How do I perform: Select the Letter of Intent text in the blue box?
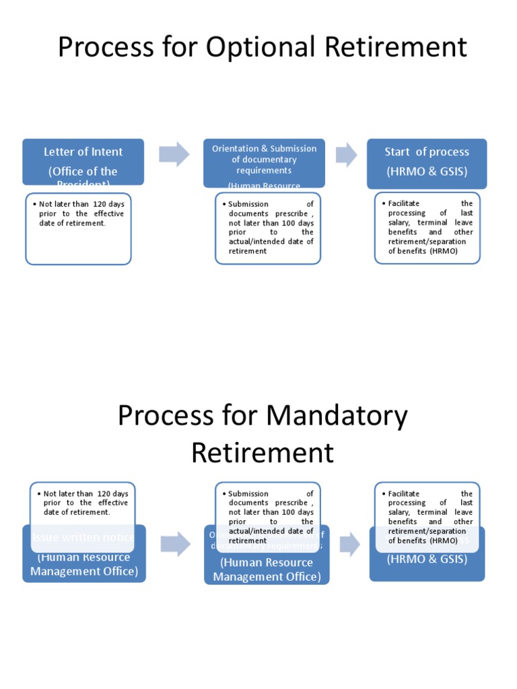coord(83,152)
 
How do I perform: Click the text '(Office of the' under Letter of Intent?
coord(83,172)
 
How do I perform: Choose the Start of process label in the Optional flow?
coord(426,152)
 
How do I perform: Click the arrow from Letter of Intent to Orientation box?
coord(174,154)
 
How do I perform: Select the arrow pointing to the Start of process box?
coord(346,154)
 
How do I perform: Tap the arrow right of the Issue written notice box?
coord(175,544)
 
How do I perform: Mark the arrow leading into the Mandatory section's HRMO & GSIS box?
coord(349,544)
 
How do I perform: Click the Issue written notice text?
coord(83,537)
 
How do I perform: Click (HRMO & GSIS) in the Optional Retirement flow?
coord(426,172)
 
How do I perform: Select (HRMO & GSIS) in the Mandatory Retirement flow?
coord(427,559)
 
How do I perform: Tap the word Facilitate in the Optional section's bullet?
coord(404,203)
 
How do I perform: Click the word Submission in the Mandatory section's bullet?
coord(248,493)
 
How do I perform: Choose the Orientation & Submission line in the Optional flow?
coord(264,149)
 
